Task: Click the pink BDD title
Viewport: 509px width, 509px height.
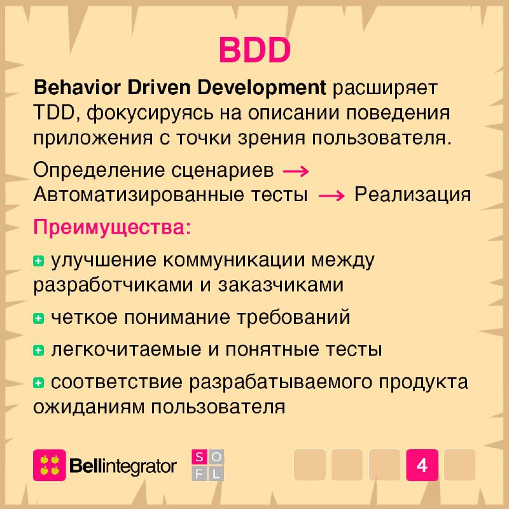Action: coord(255,50)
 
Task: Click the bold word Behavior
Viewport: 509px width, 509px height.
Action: coord(77,87)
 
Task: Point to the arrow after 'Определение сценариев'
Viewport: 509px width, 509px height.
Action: coord(296,171)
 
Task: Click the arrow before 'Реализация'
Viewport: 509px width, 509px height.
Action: coord(331,196)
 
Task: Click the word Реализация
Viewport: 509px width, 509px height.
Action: coord(412,195)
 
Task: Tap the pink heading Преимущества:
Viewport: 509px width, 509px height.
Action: coord(112,228)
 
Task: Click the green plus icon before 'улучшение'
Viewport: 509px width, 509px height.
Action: coord(38,261)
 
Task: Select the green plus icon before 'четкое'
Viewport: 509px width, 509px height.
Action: coord(38,318)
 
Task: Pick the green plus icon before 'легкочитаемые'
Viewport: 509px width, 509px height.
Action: coord(38,351)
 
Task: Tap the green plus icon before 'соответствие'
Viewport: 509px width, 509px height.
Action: coord(38,383)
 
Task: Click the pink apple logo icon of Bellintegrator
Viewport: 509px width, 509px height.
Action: coord(50,465)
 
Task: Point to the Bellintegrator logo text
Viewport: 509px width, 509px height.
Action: coord(123,466)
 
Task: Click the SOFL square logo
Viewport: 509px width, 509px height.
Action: coord(208,465)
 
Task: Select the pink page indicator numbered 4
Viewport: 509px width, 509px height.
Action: coord(422,465)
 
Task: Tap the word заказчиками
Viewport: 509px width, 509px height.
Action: coord(281,285)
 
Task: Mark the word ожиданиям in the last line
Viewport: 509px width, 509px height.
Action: coord(88,407)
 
